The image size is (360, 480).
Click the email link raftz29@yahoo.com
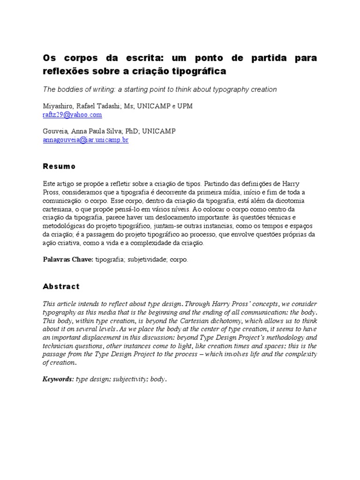coord(72,115)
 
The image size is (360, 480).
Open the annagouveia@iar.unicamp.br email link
coord(85,140)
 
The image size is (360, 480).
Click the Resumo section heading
coord(59,166)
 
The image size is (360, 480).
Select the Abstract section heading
coord(61,286)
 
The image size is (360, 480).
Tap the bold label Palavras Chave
coord(68,260)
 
